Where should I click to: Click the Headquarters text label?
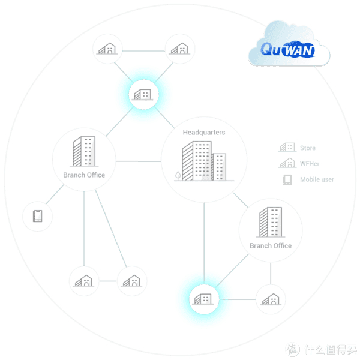(x=204, y=133)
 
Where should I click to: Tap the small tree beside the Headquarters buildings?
(x=178, y=176)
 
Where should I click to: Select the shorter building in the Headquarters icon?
(x=219, y=167)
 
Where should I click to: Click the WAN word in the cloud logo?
(x=298, y=50)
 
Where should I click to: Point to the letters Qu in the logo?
(x=271, y=49)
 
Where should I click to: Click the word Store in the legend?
(x=308, y=148)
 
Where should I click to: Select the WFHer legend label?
(x=310, y=164)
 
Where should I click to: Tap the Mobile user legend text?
(x=317, y=179)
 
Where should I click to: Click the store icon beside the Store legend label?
(x=287, y=148)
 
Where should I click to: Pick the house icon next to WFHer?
(x=287, y=163)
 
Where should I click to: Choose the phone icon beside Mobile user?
(x=287, y=179)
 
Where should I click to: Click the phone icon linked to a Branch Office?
(x=37, y=216)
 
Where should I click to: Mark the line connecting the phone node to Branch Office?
(x=55, y=194)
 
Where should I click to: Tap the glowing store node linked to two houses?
(x=143, y=94)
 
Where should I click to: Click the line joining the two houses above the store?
(x=144, y=51)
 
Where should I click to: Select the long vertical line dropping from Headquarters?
(x=204, y=244)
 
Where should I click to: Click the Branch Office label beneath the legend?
(x=271, y=246)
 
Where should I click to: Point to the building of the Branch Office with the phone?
(x=84, y=151)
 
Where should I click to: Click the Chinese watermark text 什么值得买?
(x=331, y=349)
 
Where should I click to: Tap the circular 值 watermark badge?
(x=293, y=349)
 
